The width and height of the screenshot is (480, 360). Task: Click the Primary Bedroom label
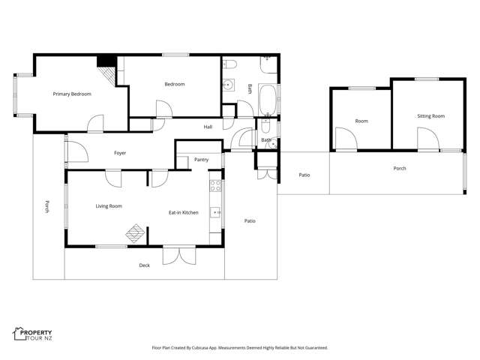coord(72,94)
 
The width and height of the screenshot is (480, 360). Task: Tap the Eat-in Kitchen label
coord(183,213)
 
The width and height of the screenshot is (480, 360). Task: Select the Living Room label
coord(109,206)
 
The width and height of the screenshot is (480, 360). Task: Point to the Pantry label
coord(201,160)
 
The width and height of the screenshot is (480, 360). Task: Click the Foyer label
coord(120,153)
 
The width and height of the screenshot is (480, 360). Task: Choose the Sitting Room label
coord(431,116)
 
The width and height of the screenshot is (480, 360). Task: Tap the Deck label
coord(145,265)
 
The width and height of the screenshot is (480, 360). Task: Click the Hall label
coord(208,127)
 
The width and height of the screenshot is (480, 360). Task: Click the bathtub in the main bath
coord(268,99)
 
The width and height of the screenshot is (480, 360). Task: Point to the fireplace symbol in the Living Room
coord(136,234)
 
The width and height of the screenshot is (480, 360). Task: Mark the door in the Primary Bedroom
coord(96,124)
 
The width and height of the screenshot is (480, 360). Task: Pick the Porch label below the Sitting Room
coord(400,169)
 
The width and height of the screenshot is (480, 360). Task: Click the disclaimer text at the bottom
coord(240,348)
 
